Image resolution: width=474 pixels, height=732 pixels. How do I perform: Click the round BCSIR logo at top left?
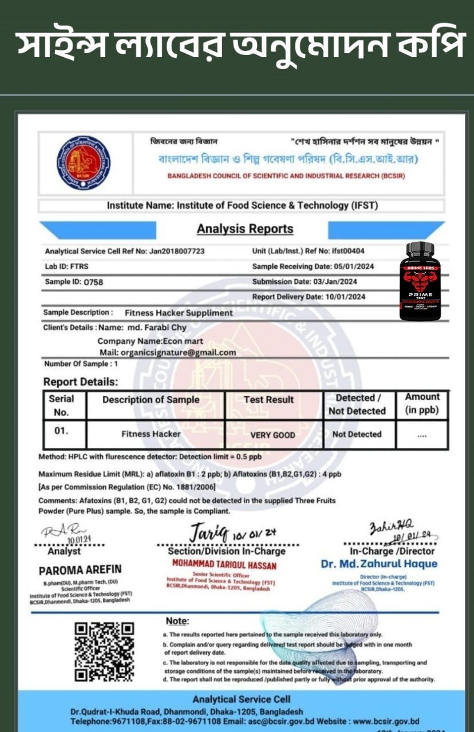coord(84,163)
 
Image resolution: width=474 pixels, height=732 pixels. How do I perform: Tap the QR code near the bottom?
coord(105,652)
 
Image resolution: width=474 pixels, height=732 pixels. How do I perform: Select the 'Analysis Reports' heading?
coord(245,229)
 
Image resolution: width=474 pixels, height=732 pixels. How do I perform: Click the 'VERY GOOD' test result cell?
coord(273,435)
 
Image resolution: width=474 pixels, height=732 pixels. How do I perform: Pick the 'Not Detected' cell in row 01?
coord(357,435)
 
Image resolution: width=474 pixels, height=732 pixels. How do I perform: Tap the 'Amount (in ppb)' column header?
coord(422,404)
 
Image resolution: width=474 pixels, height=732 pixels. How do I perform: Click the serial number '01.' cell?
coord(62,431)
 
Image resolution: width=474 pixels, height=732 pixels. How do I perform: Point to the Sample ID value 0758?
coord(93,282)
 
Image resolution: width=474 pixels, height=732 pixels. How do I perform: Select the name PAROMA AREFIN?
coord(80,570)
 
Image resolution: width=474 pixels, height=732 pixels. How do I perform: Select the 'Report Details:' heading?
coord(81,382)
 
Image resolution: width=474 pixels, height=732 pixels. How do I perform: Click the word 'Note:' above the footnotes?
coord(177,621)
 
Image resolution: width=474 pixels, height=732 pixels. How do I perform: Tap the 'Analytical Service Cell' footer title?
coord(242,699)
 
